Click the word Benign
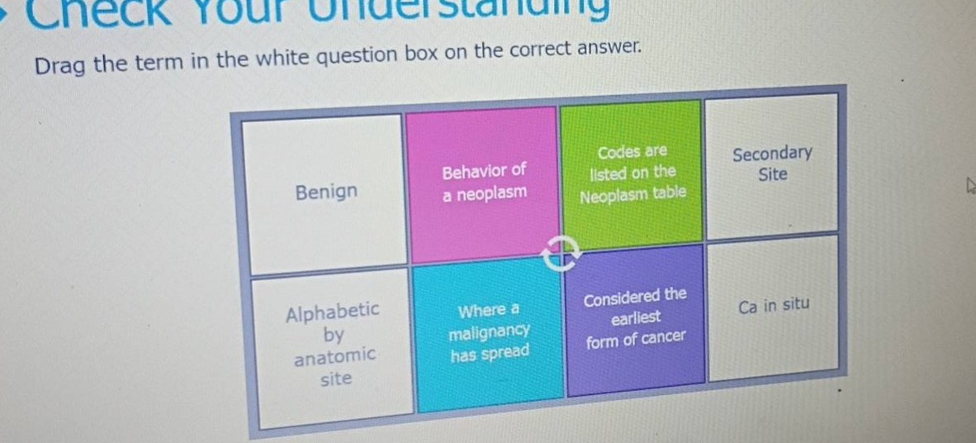[x=326, y=192]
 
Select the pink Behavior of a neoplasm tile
[x=483, y=183]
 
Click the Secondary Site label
[x=772, y=164]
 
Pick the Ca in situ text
[x=774, y=306]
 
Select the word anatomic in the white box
[x=335, y=356]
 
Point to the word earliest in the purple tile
[x=635, y=317]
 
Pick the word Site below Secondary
[x=772, y=174]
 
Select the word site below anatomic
[x=335, y=379]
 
